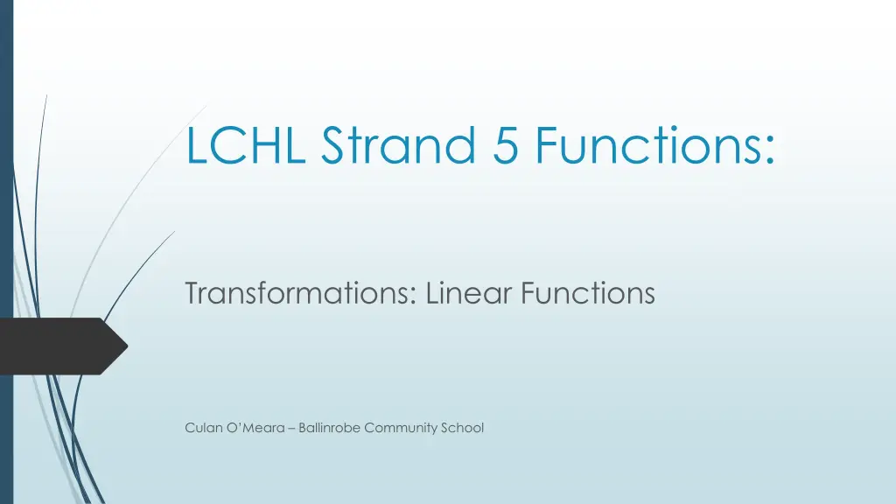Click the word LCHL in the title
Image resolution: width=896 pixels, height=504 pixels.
click(x=246, y=145)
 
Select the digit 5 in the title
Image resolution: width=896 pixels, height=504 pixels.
click(x=505, y=145)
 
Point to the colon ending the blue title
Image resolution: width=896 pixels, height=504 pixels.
click(x=769, y=150)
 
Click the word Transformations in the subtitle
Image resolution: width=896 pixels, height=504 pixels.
click(x=297, y=293)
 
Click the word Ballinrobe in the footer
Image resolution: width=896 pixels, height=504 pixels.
click(x=329, y=428)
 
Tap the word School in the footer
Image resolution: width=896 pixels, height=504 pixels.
click(x=462, y=428)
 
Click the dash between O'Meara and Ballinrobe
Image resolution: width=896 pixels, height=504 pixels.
click(x=291, y=429)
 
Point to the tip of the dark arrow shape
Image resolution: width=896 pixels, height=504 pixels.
click(x=128, y=346)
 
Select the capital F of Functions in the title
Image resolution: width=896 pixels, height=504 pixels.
click(x=547, y=145)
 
